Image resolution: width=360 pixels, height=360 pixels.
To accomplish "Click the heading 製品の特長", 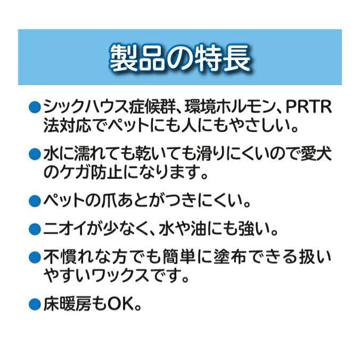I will tap(179, 58).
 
